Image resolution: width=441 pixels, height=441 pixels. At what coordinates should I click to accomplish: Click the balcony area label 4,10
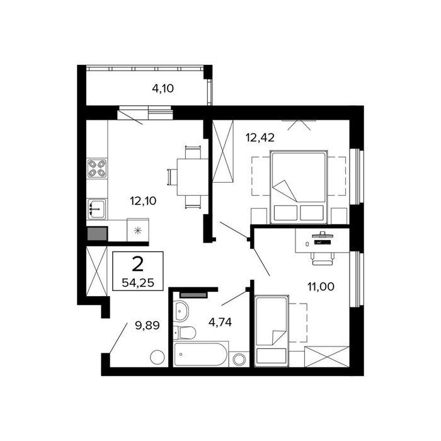coord(163,89)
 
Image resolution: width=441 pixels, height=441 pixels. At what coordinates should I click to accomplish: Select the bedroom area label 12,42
coord(260,137)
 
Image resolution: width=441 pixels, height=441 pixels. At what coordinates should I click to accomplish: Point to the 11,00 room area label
coord(321,287)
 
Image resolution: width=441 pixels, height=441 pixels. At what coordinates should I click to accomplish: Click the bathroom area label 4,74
coord(220,322)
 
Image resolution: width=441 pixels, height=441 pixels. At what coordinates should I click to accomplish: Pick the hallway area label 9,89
coord(147,326)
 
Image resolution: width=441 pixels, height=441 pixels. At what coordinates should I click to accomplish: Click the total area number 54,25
coord(138,282)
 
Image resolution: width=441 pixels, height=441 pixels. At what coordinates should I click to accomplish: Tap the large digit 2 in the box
coord(138,265)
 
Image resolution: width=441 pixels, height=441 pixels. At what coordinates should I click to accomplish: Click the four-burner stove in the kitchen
coord(97,168)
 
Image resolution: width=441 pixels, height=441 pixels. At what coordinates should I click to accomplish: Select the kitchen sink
coord(97,209)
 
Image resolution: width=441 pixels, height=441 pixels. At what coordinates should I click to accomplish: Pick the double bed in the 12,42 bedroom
coord(299,186)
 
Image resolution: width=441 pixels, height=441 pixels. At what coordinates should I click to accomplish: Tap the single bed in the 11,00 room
coord(272,331)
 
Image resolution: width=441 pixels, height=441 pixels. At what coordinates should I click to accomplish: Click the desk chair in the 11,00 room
coord(323,259)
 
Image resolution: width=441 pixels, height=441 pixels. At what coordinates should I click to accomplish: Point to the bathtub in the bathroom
coord(200,354)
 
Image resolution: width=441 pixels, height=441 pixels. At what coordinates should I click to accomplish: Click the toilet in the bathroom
coord(184,333)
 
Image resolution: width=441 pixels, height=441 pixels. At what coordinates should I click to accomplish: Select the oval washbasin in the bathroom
coord(181,311)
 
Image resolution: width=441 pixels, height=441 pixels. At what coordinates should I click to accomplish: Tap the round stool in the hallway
coord(157,357)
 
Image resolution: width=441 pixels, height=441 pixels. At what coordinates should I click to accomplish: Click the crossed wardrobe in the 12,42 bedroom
coord(223,151)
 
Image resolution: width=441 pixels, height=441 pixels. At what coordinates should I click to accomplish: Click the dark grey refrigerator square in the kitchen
coord(97,234)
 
